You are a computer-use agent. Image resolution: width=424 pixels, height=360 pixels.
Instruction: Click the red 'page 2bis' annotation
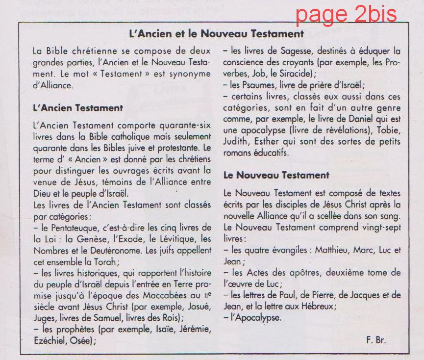(346, 14)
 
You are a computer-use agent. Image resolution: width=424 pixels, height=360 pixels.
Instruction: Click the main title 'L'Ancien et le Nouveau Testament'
(216, 34)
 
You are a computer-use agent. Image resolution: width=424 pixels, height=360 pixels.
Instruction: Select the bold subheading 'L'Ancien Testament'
(78, 107)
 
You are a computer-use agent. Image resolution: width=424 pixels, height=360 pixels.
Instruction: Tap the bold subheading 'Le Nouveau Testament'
(276, 175)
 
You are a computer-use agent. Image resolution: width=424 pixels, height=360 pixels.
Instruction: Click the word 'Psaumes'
(245, 84)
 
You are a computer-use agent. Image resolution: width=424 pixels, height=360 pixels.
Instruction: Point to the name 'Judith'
(235, 142)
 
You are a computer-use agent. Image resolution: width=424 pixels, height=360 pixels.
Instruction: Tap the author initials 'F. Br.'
(375, 340)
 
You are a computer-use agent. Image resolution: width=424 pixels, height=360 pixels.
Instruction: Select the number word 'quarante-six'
(186, 125)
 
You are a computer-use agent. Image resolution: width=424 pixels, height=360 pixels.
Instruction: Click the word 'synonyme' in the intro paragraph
(190, 74)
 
